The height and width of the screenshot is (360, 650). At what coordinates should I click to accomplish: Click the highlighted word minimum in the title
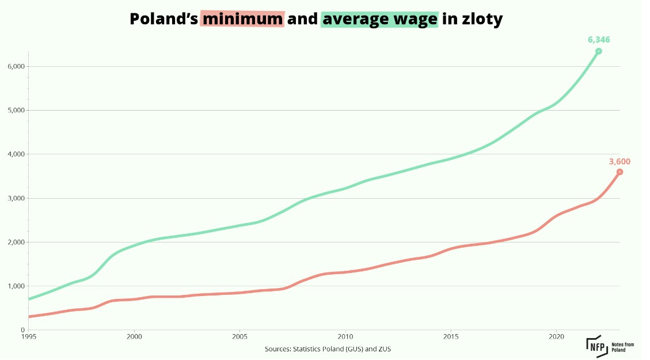pyautogui.click(x=242, y=19)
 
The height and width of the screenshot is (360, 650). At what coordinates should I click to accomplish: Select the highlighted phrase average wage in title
pyautogui.click(x=379, y=19)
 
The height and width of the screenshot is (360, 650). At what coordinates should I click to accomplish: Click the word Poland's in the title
pyautogui.click(x=163, y=19)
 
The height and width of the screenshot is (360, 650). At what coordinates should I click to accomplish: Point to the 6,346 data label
pyautogui.click(x=599, y=40)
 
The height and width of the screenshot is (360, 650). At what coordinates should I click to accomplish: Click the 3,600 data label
pyautogui.click(x=620, y=162)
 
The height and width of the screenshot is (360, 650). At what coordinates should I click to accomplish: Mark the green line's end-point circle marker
pyautogui.click(x=599, y=51)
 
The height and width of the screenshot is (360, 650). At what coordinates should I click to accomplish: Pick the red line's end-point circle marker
pyautogui.click(x=619, y=172)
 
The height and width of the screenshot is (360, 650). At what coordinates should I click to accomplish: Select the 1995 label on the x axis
pyautogui.click(x=29, y=336)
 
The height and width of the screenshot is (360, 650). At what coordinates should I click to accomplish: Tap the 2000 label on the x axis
pyautogui.click(x=134, y=336)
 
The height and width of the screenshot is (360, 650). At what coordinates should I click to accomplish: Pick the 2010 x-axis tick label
pyautogui.click(x=345, y=336)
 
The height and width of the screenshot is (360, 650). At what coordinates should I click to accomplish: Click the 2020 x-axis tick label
pyautogui.click(x=556, y=336)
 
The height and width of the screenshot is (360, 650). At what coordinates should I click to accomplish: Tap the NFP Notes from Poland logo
pyautogui.click(x=610, y=346)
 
